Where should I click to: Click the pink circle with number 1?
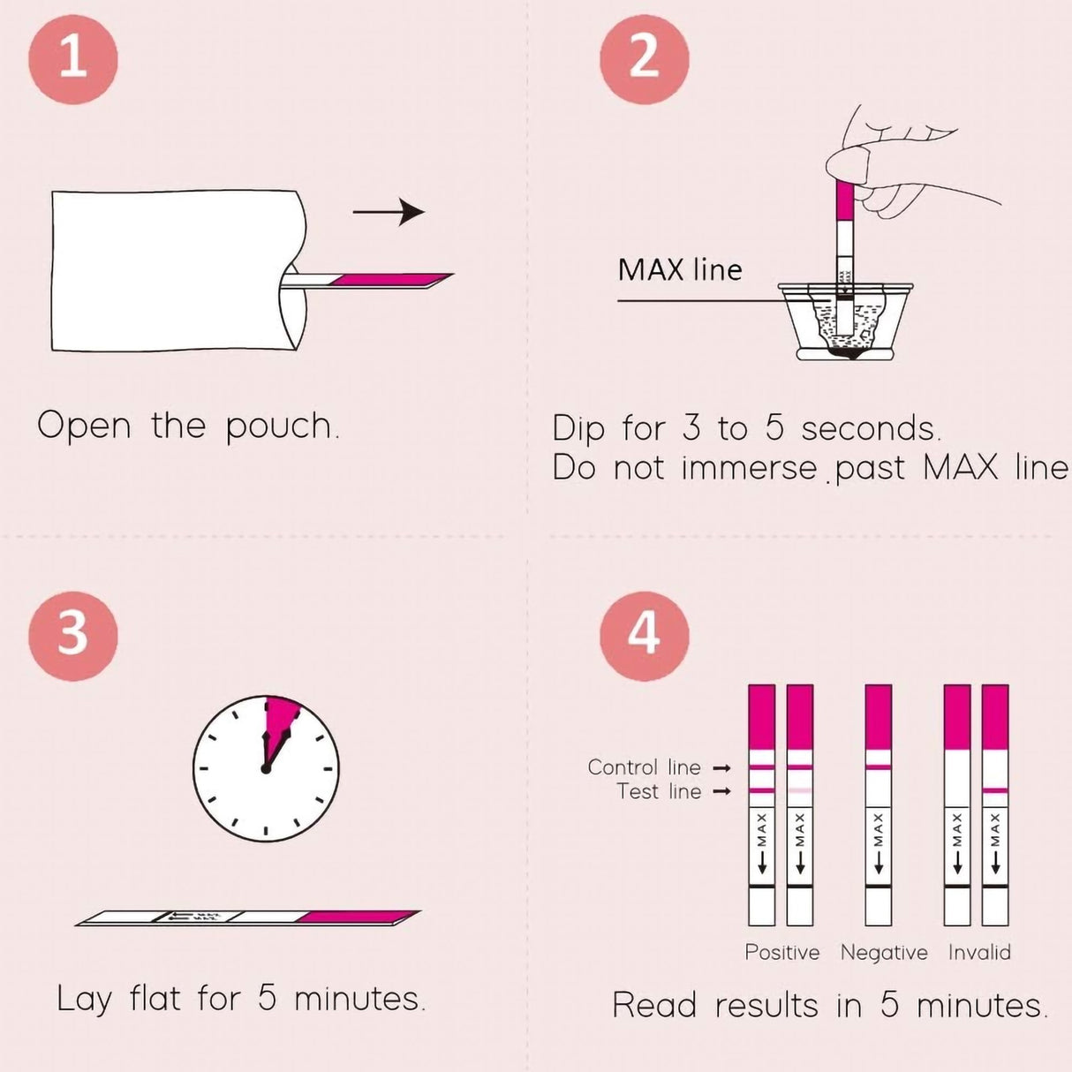tap(73, 59)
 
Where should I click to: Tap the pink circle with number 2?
tap(644, 59)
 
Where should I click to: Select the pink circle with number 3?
tap(73, 635)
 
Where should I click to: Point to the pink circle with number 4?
tap(644, 635)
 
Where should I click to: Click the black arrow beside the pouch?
tap(389, 212)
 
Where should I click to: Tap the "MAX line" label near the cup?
tap(680, 269)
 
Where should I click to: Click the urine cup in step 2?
tap(845, 322)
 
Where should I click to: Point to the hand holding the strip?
tap(892, 168)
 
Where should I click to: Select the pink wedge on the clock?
tap(281, 720)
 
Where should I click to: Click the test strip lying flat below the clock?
tap(247, 918)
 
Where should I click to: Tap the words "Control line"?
tap(644, 767)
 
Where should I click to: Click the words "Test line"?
tap(659, 791)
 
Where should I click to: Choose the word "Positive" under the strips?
tap(781, 952)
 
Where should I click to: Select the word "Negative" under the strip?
tap(884, 952)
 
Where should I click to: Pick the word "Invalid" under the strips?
tap(979, 952)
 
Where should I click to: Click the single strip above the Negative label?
tap(879, 804)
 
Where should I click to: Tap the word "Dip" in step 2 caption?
tap(578, 429)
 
